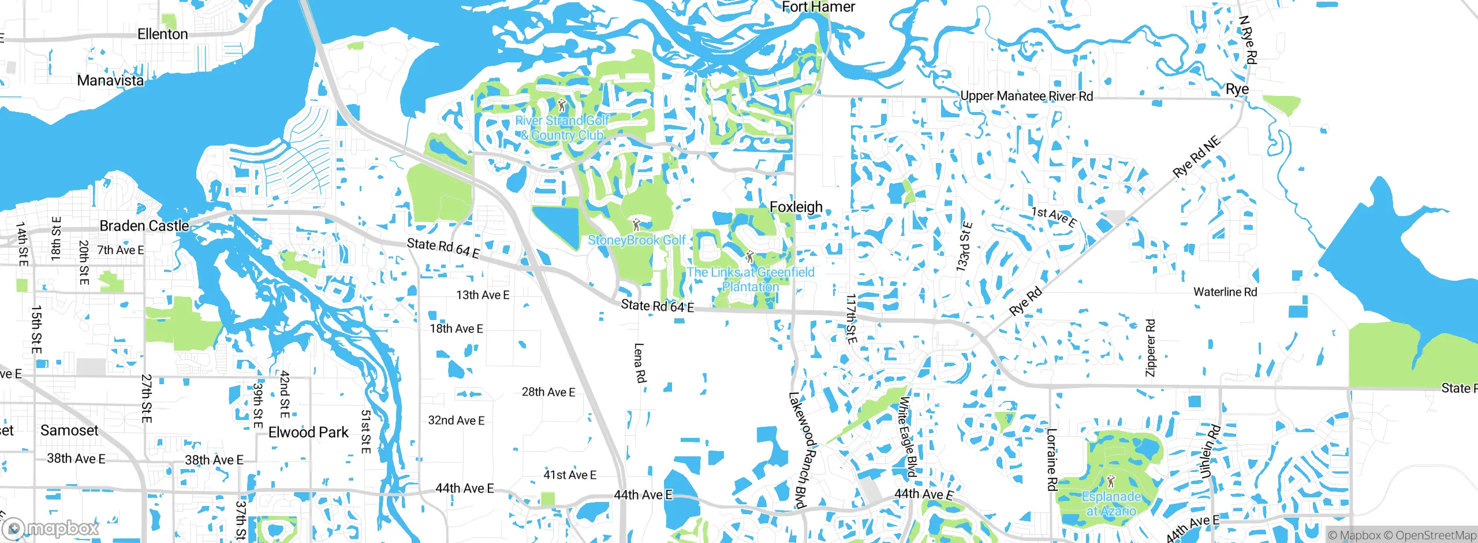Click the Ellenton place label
pos(162,34)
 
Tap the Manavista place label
pos(110,80)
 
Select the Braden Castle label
pos(144,226)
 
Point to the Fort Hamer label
pos(818,7)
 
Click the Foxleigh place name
pos(796,207)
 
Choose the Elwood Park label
pos(308,432)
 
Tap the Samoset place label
pos(69,430)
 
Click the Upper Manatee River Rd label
pos(1027,96)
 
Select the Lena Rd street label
pos(640,363)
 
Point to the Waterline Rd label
pos(1225,292)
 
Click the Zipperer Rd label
pos(1150,348)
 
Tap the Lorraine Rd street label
pos(1052,459)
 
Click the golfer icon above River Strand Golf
pos(562,106)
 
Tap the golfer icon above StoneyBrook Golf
pos(636,225)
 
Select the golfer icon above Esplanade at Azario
pos(1111,481)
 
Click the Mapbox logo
pos(51,528)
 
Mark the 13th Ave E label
pos(483,295)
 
